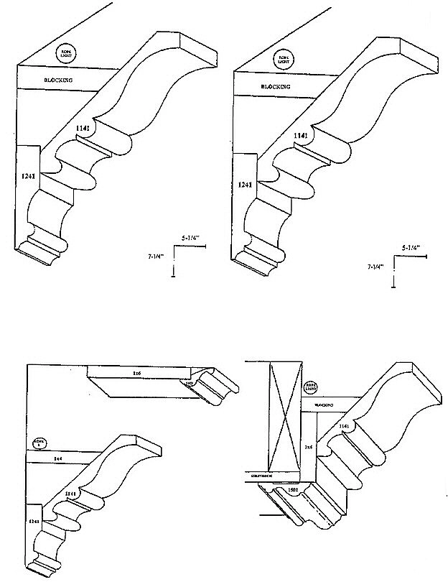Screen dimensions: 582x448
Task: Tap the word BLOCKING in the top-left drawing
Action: click(60, 81)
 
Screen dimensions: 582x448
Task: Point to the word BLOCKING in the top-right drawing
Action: click(275, 87)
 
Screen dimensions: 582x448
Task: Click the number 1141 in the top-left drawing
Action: click(85, 127)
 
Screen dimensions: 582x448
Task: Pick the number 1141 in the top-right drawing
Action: click(301, 134)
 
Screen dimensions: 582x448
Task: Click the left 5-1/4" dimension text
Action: click(190, 236)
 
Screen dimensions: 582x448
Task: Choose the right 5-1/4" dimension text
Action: click(409, 247)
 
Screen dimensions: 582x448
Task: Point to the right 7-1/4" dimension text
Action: click(374, 266)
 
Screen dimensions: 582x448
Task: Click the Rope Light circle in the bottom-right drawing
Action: click(309, 389)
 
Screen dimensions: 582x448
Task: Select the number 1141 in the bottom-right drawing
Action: click(345, 426)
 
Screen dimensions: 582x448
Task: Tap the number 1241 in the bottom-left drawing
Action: click(33, 519)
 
